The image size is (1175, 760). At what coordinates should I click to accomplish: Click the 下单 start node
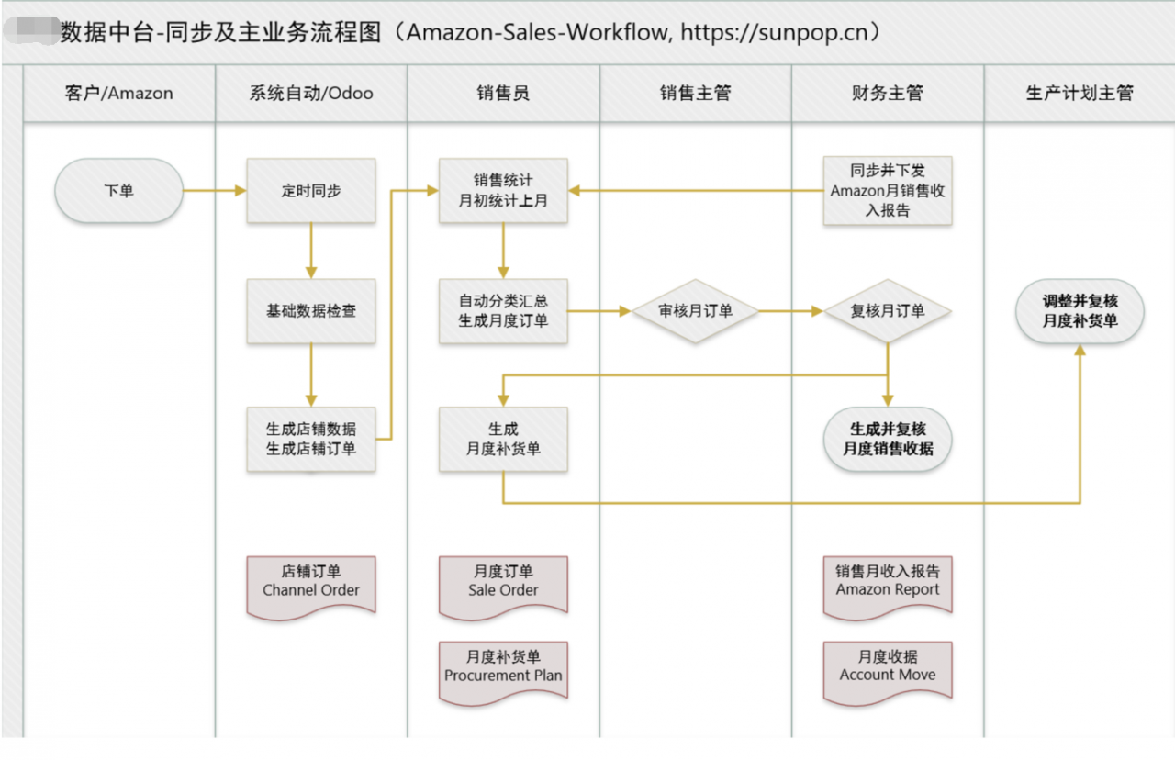[x=119, y=191]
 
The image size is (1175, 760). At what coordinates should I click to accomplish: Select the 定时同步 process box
[x=311, y=191]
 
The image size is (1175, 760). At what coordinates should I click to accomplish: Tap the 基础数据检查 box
[x=311, y=311]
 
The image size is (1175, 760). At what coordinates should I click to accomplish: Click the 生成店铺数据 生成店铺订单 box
[x=311, y=439]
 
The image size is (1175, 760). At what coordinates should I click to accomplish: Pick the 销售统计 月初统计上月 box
[x=503, y=190]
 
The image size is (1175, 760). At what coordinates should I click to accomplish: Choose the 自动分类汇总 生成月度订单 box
[x=503, y=311]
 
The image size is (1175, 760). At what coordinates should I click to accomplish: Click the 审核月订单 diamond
[x=695, y=311]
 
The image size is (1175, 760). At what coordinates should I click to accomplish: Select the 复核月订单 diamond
[x=887, y=311]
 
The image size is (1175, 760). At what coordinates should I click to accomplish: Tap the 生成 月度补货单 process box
[x=503, y=439]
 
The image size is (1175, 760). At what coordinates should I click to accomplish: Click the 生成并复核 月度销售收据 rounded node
[x=887, y=439]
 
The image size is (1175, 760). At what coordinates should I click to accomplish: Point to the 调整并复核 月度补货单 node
[x=1080, y=311]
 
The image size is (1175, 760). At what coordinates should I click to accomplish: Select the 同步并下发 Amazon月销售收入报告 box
[x=887, y=190]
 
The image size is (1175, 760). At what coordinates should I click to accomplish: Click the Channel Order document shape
[x=311, y=583]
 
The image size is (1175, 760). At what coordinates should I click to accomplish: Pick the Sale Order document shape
[x=503, y=583]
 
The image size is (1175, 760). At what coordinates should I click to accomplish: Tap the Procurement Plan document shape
[x=503, y=668]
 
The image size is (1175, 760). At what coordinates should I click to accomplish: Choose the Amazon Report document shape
[x=887, y=583]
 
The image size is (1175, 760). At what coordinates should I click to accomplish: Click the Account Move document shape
[x=887, y=668]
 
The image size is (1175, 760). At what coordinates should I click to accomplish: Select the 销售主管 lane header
[x=695, y=93]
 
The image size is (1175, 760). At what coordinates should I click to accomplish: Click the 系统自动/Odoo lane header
[x=311, y=93]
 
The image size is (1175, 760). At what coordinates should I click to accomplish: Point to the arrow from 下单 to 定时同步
[x=215, y=191]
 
